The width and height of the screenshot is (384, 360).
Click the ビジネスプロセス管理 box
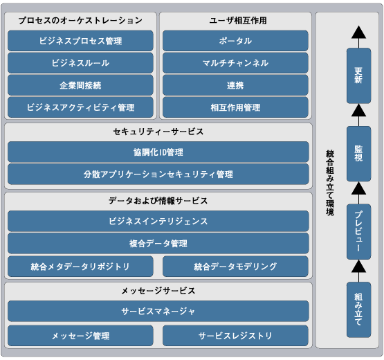[80, 41]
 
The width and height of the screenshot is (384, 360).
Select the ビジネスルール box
[80, 63]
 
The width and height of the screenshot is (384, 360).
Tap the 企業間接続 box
[80, 85]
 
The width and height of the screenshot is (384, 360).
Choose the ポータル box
[235, 41]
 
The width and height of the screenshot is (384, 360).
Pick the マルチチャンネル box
[235, 63]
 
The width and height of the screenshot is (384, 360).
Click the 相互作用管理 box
[235, 107]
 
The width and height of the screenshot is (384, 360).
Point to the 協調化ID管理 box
[158, 152]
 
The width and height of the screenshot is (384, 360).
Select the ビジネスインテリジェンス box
[158, 221]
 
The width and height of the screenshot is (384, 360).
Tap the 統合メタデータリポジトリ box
[80, 267]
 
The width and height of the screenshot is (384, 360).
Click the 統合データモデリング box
[235, 267]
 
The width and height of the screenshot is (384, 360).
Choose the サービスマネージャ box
[158, 312]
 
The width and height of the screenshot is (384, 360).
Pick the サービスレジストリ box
[235, 336]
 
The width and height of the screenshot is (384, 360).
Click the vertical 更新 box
[359, 75]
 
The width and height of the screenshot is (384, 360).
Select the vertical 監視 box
[359, 154]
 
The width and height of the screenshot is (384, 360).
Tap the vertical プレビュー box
[359, 232]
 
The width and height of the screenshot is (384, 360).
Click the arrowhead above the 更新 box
[359, 33]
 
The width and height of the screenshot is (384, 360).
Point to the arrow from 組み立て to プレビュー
[359, 271]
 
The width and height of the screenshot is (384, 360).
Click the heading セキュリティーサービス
[158, 132]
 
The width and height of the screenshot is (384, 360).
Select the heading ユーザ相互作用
[238, 20]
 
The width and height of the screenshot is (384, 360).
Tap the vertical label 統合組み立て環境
[330, 183]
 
